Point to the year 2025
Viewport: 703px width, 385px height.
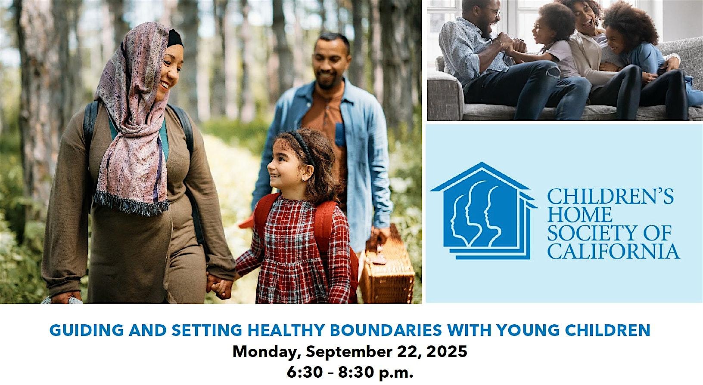[447, 351]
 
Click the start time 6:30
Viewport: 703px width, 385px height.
[305, 372]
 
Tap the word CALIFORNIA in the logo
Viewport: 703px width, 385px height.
[613, 251]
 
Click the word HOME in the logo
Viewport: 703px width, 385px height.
[580, 215]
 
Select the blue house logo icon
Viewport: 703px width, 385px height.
[484, 211]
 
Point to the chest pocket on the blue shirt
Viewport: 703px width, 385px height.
[340, 135]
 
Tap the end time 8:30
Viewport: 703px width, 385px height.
[356, 372]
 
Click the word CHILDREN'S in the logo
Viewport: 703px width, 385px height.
[610, 196]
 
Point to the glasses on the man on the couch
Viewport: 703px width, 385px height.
[495, 12]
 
